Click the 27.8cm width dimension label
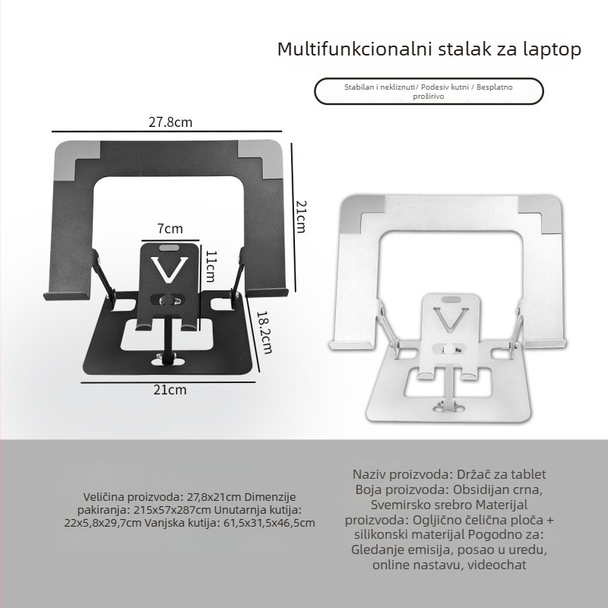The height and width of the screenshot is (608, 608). [170, 121]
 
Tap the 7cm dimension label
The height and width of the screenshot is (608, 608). [170, 228]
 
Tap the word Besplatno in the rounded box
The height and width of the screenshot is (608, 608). [495, 87]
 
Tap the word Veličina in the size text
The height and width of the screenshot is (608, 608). [106, 495]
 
